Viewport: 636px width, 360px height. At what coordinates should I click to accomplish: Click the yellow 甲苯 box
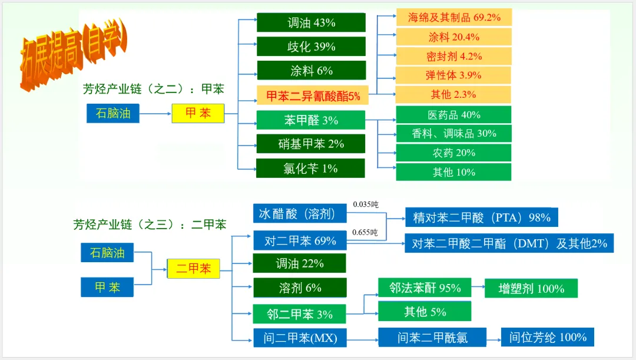(198, 113)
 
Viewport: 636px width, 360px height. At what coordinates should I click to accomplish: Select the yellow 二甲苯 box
(193, 269)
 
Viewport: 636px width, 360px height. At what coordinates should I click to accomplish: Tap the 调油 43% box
(311, 22)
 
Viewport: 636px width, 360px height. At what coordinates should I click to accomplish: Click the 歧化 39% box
(311, 47)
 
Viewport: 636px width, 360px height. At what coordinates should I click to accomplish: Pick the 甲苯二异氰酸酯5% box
(313, 95)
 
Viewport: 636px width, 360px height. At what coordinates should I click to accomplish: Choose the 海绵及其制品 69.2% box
(453, 17)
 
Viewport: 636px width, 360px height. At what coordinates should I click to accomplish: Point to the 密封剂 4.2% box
(453, 56)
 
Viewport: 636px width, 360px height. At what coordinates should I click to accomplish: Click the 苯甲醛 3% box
(310, 120)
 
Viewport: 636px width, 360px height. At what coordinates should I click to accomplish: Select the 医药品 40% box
(453, 114)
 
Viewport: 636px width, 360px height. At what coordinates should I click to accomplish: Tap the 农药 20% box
(453, 153)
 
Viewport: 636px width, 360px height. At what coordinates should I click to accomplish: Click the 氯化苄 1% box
(310, 169)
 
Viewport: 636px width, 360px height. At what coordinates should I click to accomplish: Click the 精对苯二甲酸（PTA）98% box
(481, 217)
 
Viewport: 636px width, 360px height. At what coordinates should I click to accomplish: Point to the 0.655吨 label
(365, 232)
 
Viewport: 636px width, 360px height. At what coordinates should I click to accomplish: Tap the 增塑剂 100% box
(531, 288)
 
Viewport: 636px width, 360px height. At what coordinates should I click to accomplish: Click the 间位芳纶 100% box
(547, 337)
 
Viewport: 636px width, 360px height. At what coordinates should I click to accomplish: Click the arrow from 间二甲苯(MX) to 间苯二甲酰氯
(362, 338)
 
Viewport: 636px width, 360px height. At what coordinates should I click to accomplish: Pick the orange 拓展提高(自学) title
(73, 56)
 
